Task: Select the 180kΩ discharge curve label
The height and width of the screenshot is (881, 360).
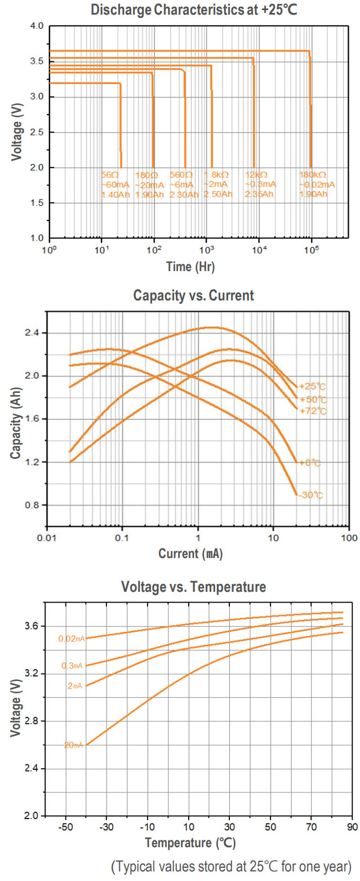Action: click(x=317, y=184)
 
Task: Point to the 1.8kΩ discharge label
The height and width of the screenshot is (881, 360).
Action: click(x=217, y=184)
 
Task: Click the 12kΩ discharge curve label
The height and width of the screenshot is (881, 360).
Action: click(x=260, y=184)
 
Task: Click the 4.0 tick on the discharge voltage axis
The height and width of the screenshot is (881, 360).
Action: click(x=35, y=26)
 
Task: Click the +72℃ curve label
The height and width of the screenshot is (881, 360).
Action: click(x=312, y=411)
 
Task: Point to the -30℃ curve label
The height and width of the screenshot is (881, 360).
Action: click(x=311, y=495)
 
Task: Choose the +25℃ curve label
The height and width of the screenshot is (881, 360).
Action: click(x=312, y=387)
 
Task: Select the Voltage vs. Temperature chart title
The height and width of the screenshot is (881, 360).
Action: click(x=193, y=587)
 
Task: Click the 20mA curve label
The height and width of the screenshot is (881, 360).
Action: click(x=73, y=745)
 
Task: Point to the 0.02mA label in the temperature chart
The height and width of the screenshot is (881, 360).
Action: click(x=71, y=639)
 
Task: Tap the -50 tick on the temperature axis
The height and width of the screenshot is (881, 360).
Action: click(x=66, y=826)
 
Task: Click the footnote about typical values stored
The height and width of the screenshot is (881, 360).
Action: click(x=232, y=866)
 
